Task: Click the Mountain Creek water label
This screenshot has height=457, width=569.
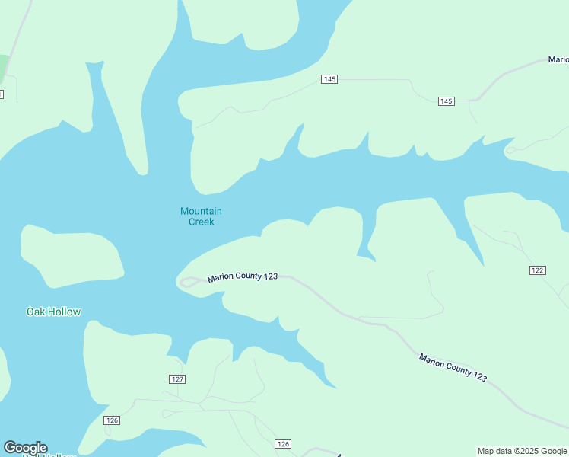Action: coord(201,216)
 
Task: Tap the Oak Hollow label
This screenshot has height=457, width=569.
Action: coord(53,312)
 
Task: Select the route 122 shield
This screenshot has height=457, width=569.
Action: coord(537,270)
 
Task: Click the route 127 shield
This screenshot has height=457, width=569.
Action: coord(177,379)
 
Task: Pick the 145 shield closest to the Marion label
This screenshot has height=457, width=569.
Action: coord(446,101)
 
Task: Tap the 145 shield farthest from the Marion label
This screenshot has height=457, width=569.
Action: coord(329,79)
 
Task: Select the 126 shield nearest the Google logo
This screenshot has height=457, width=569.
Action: coord(112,420)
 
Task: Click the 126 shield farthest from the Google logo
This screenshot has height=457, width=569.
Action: coord(282,444)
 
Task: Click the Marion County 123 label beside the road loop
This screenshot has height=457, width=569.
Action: coord(242,276)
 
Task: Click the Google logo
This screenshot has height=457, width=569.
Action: coord(25,448)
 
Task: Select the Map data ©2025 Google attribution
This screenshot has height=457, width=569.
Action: coord(522,451)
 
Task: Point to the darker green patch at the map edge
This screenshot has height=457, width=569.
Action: coord(4,67)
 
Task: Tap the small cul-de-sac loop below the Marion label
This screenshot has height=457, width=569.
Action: coord(510,150)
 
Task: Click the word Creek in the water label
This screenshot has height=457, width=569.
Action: coord(201,222)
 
